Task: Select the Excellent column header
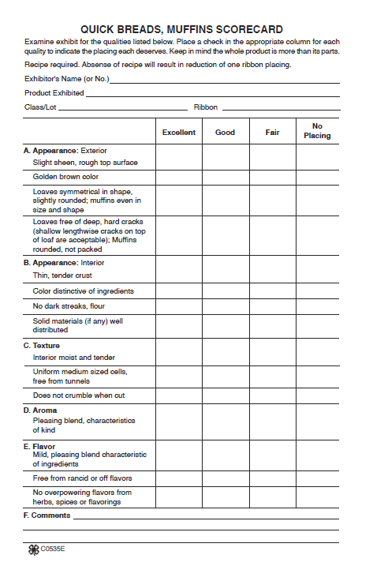(179, 133)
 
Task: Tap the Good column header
(226, 133)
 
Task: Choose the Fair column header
(272, 133)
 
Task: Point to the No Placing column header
(318, 131)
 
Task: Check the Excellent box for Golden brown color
(179, 177)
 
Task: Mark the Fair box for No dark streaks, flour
(272, 306)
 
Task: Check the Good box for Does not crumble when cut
(226, 395)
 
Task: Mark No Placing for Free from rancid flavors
(318, 478)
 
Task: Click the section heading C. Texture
(42, 346)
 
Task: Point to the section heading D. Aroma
(40, 410)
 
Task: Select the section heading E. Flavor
(39, 446)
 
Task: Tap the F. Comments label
(47, 515)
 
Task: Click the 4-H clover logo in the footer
(34, 549)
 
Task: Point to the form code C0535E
(53, 549)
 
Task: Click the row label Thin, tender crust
(62, 276)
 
